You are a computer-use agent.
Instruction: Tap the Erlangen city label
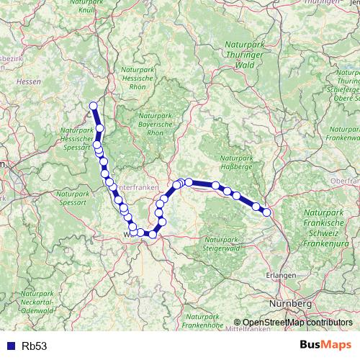coord(277,275)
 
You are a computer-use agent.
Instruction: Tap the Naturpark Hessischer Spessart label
coord(76,140)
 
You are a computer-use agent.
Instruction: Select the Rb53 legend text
coord(34,346)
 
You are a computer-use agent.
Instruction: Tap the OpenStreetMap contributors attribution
coord(297,323)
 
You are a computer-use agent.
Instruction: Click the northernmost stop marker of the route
coord(93,107)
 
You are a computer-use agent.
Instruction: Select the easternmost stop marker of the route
coord(267,212)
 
